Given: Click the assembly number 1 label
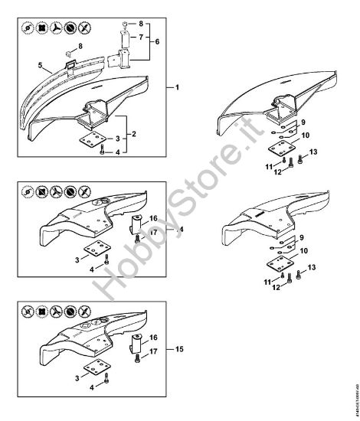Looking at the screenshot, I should click(178, 89).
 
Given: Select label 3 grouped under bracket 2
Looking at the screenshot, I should click(117, 139).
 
